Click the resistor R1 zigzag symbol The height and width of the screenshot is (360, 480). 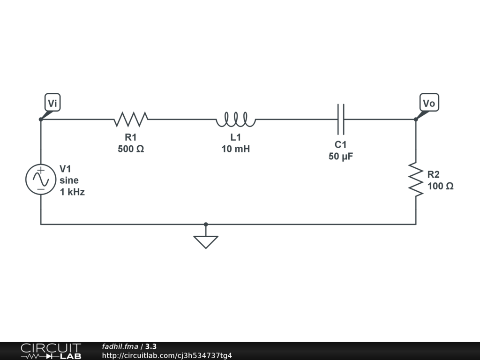[131, 119]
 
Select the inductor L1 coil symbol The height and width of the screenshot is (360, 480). [236, 120]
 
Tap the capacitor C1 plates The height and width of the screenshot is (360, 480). [341, 119]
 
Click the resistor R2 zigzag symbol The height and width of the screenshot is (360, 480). [415, 180]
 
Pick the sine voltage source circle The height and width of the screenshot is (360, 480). [41, 180]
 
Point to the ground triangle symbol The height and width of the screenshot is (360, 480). [206, 241]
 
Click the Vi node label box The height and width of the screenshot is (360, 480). [52, 103]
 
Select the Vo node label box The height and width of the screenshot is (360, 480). [429, 103]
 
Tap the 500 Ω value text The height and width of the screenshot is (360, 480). [131, 149]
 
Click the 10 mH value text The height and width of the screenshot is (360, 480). [236, 149]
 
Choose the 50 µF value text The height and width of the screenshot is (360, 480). [341, 157]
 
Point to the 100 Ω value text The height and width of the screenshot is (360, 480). [441, 186]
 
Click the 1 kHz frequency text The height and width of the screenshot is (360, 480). [72, 192]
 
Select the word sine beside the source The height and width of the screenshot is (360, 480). [69, 180]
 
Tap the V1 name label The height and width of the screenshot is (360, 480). [66, 169]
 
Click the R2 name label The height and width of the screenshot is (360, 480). [434, 174]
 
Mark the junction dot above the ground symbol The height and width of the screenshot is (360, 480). [206, 225]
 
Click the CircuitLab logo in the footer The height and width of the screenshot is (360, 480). [51, 351]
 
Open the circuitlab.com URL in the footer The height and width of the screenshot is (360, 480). [167, 356]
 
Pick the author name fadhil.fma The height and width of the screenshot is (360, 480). [120, 347]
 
